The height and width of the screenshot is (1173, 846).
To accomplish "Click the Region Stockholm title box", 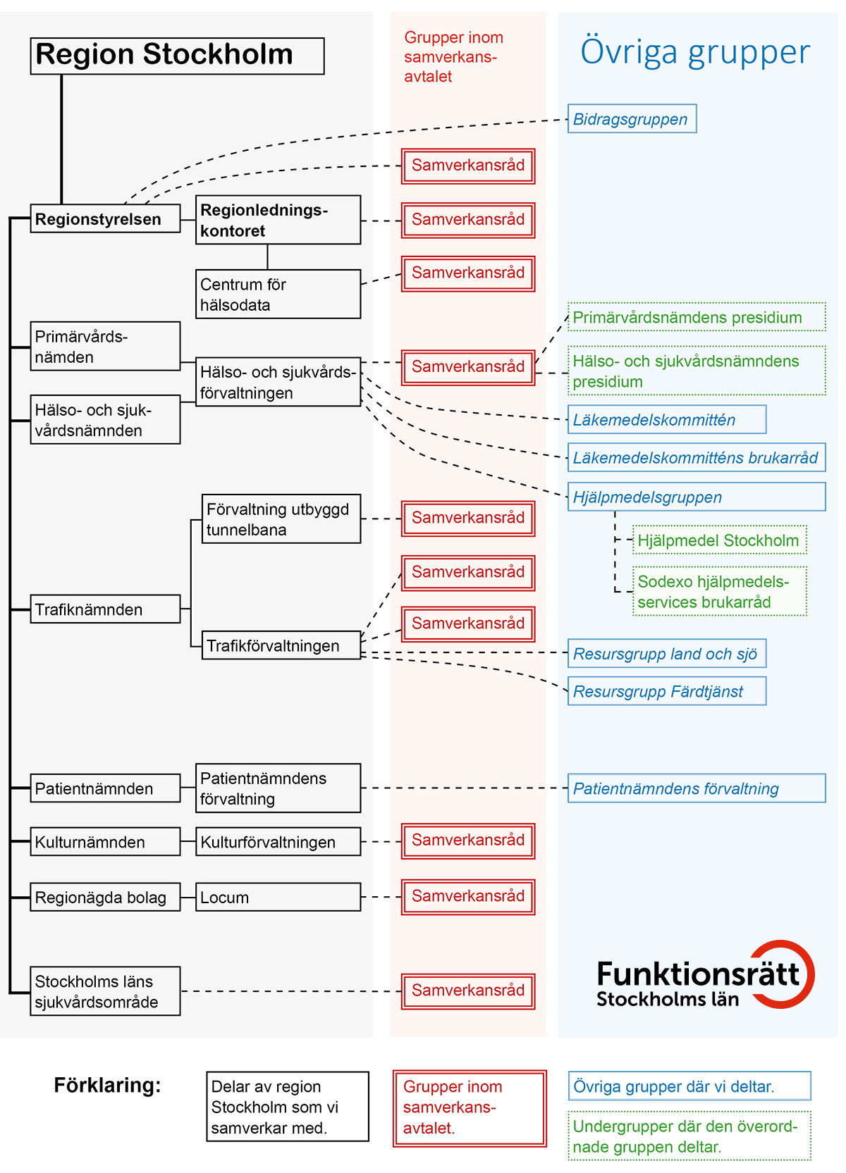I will [x=177, y=56].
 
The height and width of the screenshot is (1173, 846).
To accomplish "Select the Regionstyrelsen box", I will [x=105, y=219].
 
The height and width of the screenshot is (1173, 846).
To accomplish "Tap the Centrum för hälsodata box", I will [x=278, y=294].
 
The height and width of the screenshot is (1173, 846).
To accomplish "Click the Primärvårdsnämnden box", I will [x=105, y=346].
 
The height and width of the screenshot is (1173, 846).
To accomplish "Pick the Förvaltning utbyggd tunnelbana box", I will [x=281, y=519].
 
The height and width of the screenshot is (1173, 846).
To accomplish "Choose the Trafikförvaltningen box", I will [x=281, y=645].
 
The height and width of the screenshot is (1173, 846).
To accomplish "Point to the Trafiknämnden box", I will [x=105, y=609].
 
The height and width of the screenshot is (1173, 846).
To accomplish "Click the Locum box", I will [x=278, y=897].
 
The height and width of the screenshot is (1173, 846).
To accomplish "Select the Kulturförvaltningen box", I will [x=278, y=842].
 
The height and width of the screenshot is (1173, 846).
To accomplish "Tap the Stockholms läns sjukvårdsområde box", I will [x=105, y=991].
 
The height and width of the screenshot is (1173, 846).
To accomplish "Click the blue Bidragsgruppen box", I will [x=632, y=119].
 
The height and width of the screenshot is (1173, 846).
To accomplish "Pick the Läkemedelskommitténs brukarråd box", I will [x=696, y=458].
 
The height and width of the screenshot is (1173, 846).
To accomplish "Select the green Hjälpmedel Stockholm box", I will [x=719, y=540].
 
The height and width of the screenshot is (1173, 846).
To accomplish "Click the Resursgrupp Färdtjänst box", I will [x=666, y=691].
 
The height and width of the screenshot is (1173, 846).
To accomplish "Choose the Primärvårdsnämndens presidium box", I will [x=696, y=317].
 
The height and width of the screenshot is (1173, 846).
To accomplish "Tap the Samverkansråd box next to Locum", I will [x=468, y=897].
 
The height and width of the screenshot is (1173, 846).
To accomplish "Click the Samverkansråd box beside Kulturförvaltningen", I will [x=468, y=840].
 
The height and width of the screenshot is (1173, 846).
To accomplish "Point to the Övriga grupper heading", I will [x=695, y=52].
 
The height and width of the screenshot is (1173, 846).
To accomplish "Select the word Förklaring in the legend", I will [x=107, y=1085].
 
